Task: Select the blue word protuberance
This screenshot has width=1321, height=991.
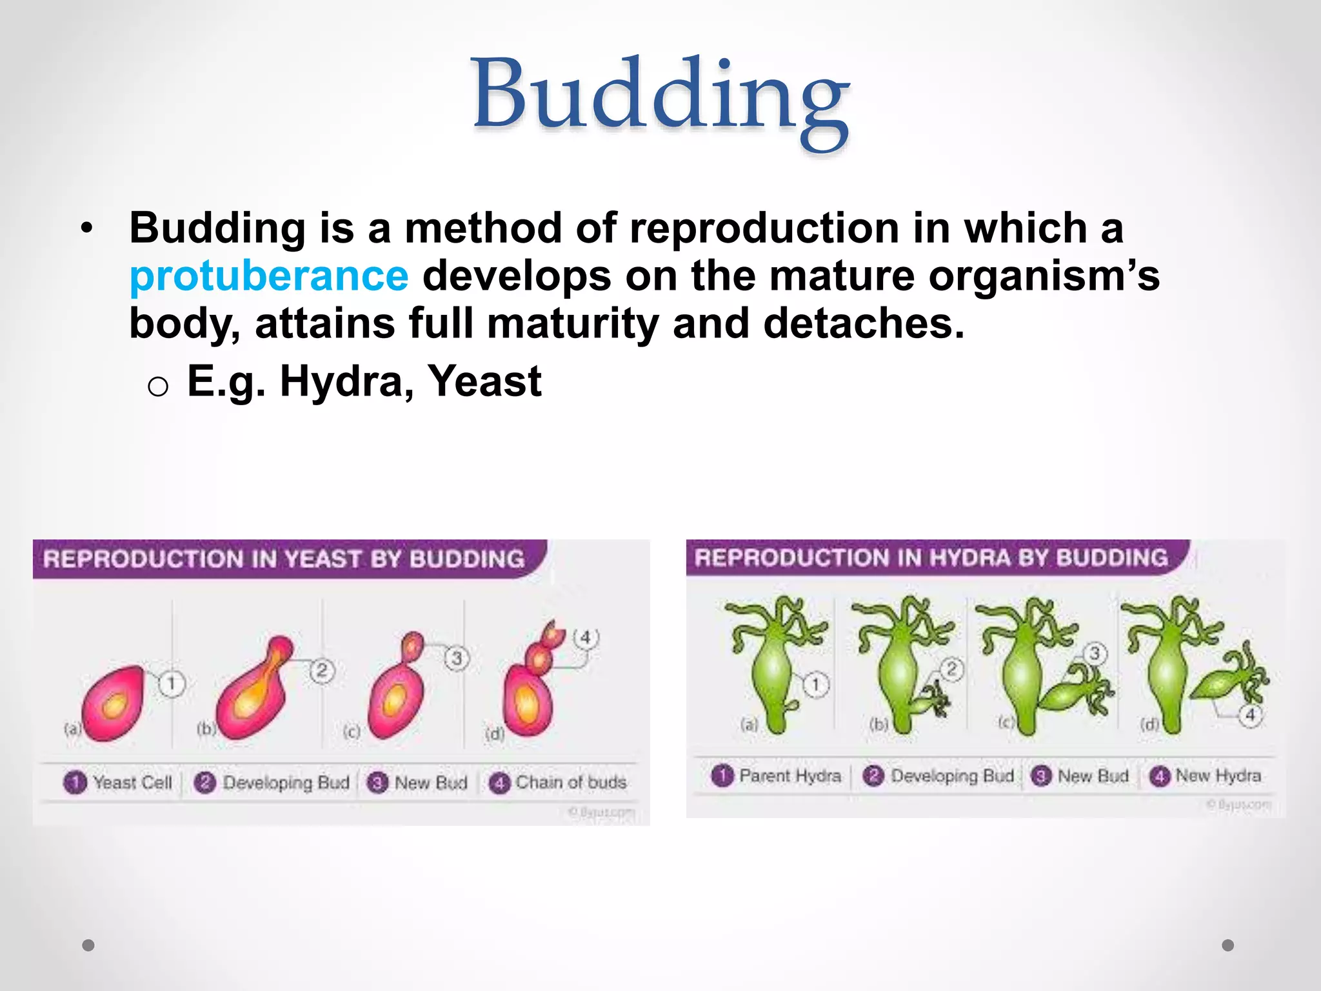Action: [x=269, y=276]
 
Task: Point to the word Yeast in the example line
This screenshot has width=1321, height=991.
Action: [x=484, y=381]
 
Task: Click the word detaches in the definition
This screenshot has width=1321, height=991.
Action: [x=864, y=323]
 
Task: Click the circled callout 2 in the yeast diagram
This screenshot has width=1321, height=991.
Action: [x=322, y=671]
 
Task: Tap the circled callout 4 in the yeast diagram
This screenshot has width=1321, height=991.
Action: [x=586, y=638]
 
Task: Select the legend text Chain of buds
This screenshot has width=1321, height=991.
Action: [x=571, y=783]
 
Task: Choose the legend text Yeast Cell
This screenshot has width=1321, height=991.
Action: [x=132, y=783]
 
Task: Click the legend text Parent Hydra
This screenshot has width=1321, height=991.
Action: [x=790, y=776]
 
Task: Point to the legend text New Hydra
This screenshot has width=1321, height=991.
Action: [x=1218, y=776]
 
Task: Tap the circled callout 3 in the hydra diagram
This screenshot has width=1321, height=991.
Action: [x=1095, y=654]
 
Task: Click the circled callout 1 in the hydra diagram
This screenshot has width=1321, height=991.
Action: [x=815, y=685]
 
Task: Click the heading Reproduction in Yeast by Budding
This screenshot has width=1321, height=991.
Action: [x=284, y=559]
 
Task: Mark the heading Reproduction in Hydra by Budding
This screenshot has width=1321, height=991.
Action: [x=931, y=557]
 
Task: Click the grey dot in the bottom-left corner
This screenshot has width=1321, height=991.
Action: [x=88, y=945]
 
